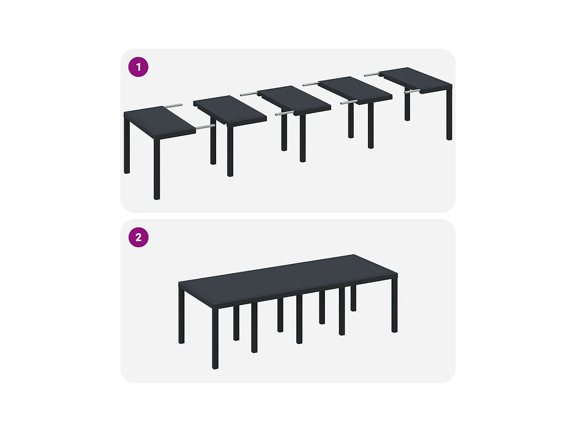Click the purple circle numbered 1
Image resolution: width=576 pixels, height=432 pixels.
pos(138,67)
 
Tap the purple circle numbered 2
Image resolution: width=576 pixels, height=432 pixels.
pos(138,237)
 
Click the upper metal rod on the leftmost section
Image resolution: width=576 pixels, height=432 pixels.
pos(173,106)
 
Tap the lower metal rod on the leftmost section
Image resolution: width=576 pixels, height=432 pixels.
pos(206,127)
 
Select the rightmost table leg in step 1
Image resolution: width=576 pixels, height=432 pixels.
pos(449,113)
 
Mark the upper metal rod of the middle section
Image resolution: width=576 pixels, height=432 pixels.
pos(249,93)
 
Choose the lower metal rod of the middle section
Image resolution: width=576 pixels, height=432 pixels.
pos(284,113)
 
